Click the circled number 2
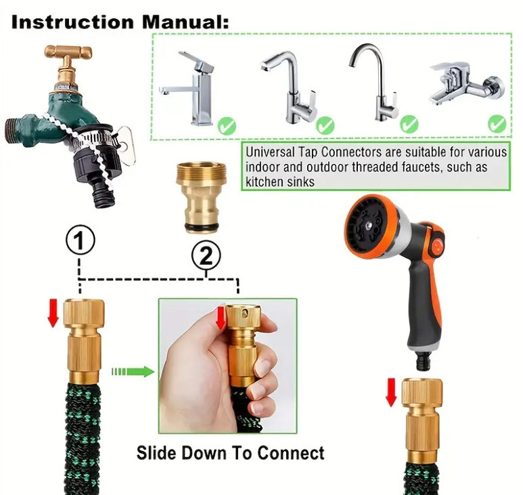point(206,255)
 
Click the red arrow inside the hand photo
point(220,318)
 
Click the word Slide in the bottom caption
point(157,452)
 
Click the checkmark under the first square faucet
point(228,125)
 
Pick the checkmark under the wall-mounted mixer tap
point(497,123)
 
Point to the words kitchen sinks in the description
point(280,181)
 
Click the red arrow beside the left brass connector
point(52,314)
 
